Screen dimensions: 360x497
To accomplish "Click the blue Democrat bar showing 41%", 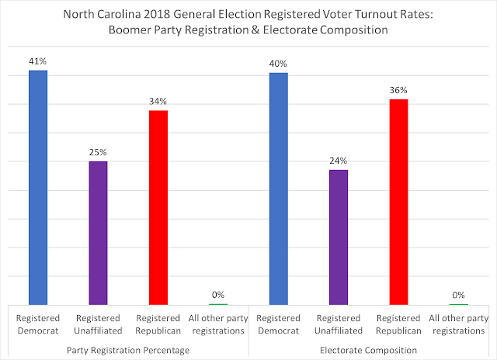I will click(38, 187).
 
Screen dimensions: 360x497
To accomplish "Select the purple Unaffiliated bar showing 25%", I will click(98, 233).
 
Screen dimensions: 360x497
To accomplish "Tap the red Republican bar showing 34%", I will click(158, 207).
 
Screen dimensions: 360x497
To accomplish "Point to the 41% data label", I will click(38, 61).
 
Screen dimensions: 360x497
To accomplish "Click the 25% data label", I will click(98, 152).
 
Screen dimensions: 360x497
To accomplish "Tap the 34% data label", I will click(158, 101).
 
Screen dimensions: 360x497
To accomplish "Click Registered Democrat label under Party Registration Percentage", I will click(38, 324).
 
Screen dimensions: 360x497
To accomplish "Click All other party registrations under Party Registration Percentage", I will click(217, 324).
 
